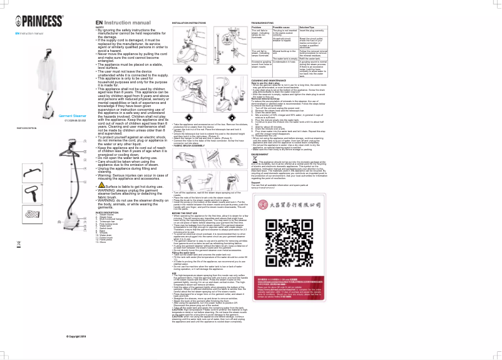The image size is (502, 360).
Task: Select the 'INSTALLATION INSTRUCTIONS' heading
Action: coord(189,22)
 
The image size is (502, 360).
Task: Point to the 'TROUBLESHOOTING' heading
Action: coord(265,22)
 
